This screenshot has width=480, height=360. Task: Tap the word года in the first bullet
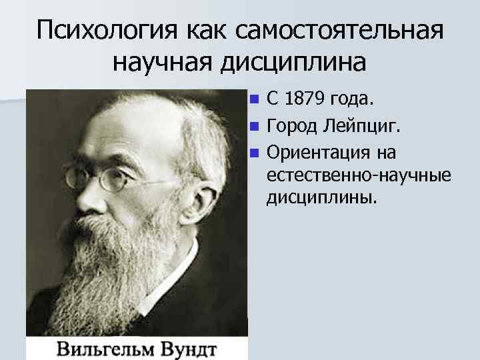pyautogui.click(x=354, y=100)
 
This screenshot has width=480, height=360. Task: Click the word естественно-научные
pyautogui.click(x=358, y=176)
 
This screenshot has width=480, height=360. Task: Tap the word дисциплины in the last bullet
pyautogui.click(x=323, y=199)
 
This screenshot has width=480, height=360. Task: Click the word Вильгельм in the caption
pyautogui.click(x=111, y=349)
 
